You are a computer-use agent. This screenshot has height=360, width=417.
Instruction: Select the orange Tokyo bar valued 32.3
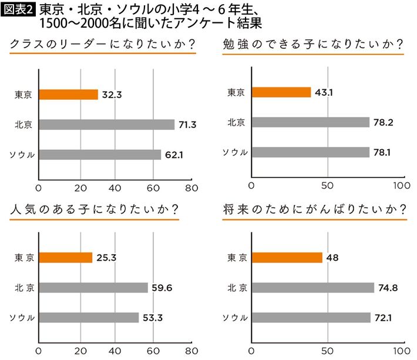point(68,95)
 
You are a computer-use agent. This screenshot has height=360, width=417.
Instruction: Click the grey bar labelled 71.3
point(107,125)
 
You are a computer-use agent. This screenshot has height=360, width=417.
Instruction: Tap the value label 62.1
point(175,155)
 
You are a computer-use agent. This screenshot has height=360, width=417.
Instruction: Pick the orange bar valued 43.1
point(281,92)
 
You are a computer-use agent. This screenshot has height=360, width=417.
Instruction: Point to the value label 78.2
point(385,122)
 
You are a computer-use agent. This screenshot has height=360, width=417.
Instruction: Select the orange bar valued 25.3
point(65,257)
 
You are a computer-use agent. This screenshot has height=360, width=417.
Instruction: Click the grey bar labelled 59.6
point(93,288)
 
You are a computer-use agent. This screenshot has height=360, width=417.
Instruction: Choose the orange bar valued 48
point(287,257)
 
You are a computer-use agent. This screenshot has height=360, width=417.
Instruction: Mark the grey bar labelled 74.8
point(312,288)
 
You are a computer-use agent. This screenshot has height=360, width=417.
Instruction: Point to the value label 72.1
point(385,318)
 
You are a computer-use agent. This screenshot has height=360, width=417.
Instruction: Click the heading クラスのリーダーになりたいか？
point(99,45)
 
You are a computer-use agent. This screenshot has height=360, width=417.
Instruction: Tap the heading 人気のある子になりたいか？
point(94,210)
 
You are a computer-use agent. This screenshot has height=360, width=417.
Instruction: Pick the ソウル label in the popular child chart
point(21,318)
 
